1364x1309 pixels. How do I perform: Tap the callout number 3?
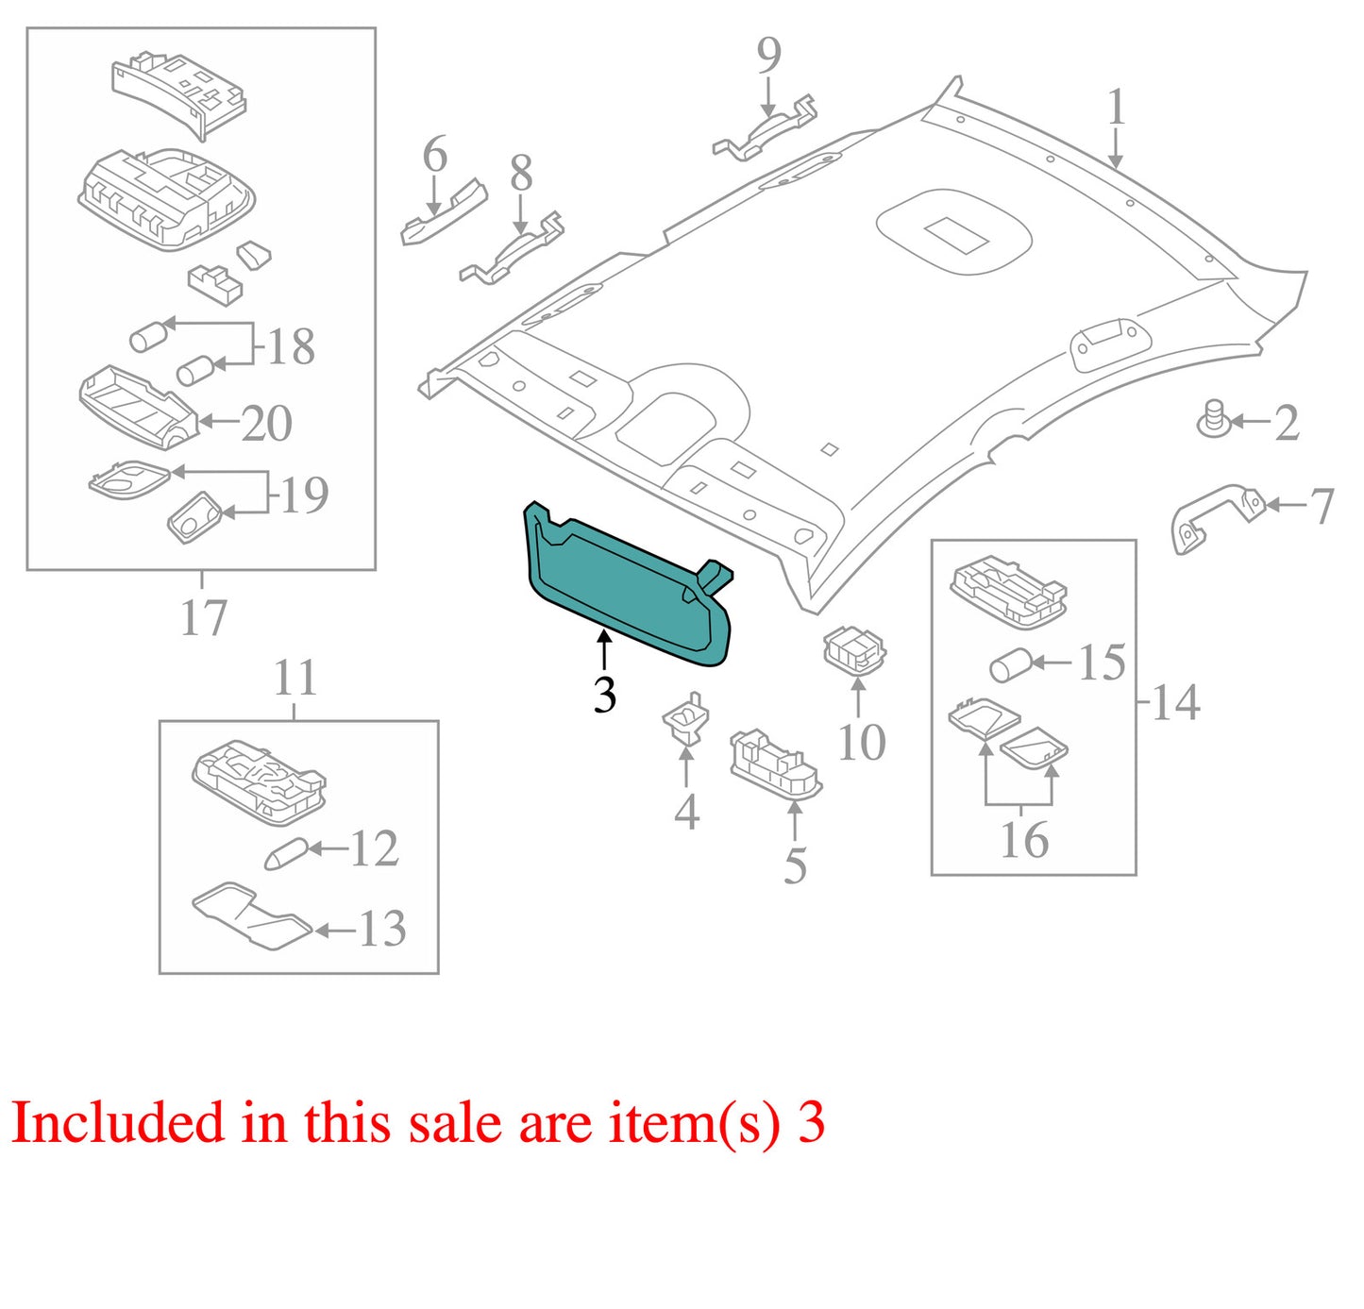[604, 695]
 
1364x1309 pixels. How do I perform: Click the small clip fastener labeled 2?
[1213, 418]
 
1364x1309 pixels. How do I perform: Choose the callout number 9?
[769, 55]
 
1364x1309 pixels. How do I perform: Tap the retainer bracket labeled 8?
[513, 248]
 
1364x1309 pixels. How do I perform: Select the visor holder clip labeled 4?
[685, 720]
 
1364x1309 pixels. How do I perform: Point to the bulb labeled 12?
[285, 853]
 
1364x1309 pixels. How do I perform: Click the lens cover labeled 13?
[252, 915]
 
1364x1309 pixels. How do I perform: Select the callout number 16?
[1024, 840]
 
